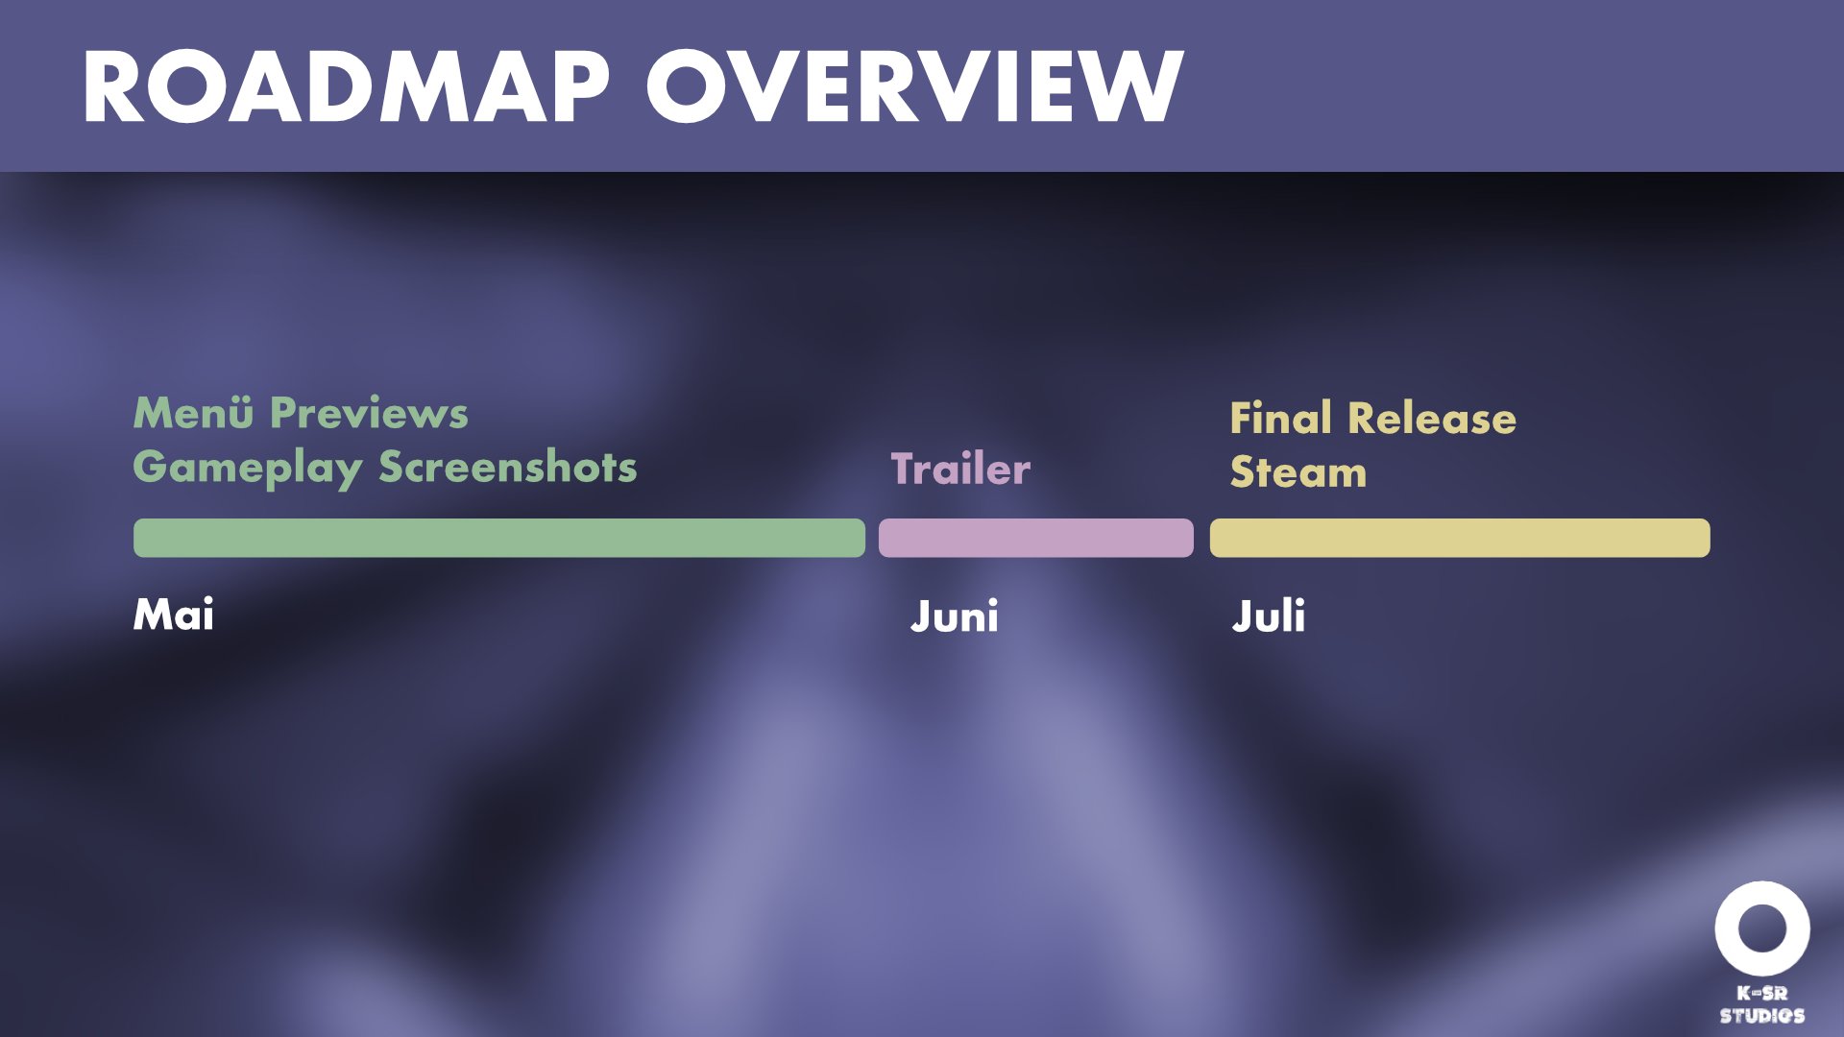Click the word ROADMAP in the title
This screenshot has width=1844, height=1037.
pos(346,87)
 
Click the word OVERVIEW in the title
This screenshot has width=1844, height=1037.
pos(915,87)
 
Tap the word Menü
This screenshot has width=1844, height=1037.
pos(193,413)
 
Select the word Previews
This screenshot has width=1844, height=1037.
pos(370,413)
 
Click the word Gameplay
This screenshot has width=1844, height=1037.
pos(248,470)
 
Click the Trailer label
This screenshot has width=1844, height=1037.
pos(960,469)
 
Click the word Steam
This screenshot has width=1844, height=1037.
pos(1298,472)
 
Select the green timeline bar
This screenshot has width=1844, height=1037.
pos(499,538)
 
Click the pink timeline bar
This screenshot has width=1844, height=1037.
pos(1036,538)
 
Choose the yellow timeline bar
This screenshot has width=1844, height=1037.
pos(1460,538)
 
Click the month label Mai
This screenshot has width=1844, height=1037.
pos(174,615)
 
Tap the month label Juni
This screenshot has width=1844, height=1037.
pos(955,616)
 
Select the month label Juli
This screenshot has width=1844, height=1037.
pos(1269,616)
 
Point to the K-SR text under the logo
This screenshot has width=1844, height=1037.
pos(1762,994)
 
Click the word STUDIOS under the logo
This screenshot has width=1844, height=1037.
pos(1762,1016)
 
